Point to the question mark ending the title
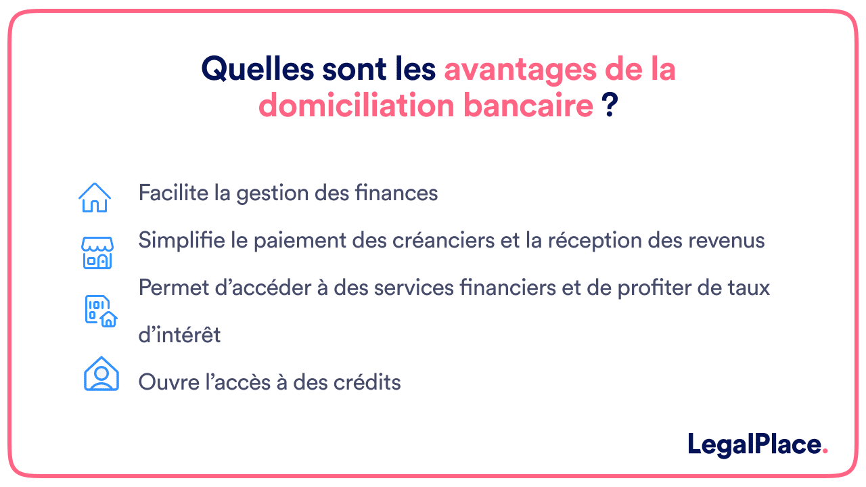(610, 106)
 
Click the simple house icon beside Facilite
(95, 197)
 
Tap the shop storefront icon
(97, 252)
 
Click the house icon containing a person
(101, 373)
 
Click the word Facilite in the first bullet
(172, 193)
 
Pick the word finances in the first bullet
(396, 193)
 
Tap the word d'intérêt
(179, 335)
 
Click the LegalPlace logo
(757, 444)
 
